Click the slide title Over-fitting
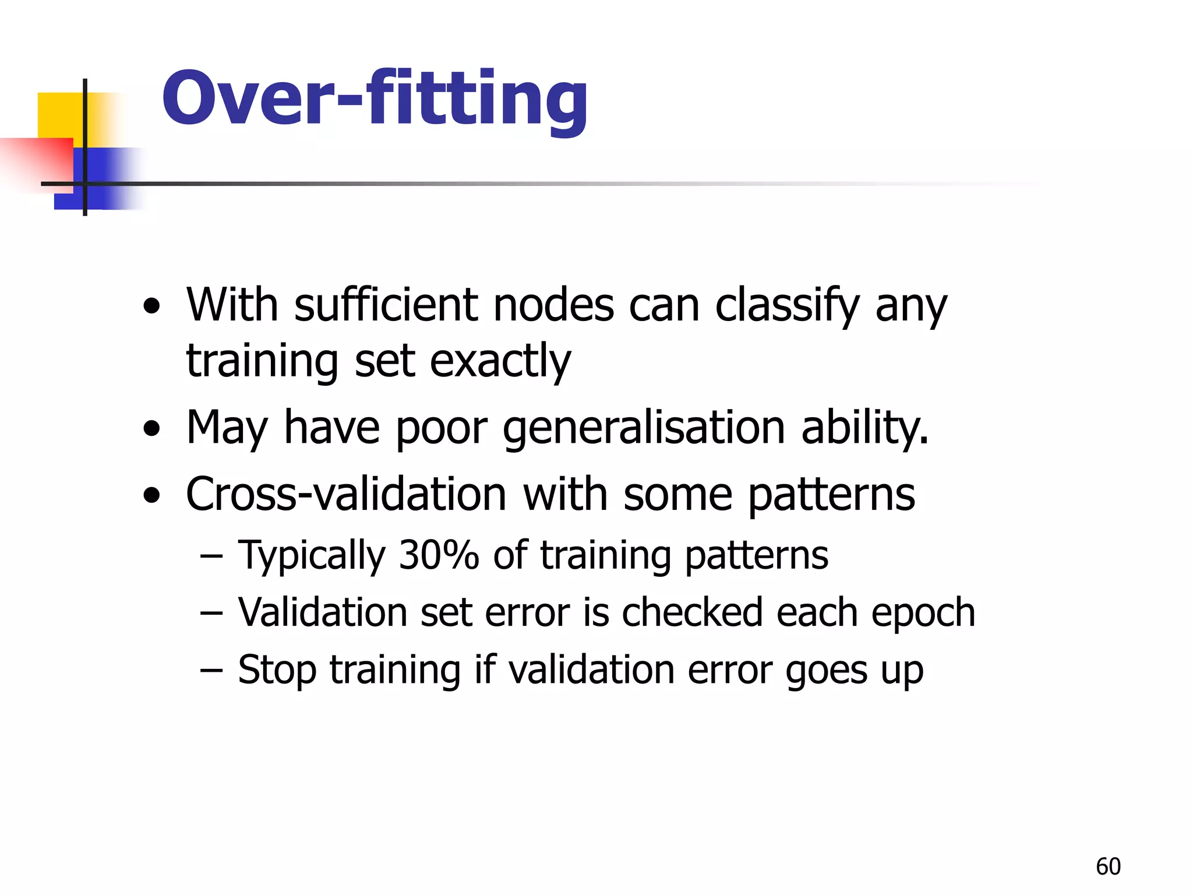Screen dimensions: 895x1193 pos(375,99)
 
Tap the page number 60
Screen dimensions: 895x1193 pos(1108,866)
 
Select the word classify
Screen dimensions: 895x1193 pos(787,305)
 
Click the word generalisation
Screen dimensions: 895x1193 pos(644,428)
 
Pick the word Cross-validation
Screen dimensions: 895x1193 pos(346,494)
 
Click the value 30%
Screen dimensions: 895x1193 pos(438,555)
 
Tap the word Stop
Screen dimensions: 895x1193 pos(277,670)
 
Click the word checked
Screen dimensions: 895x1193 pos(692,613)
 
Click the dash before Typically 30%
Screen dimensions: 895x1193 pos(211,556)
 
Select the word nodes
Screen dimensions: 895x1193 pos(553,305)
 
